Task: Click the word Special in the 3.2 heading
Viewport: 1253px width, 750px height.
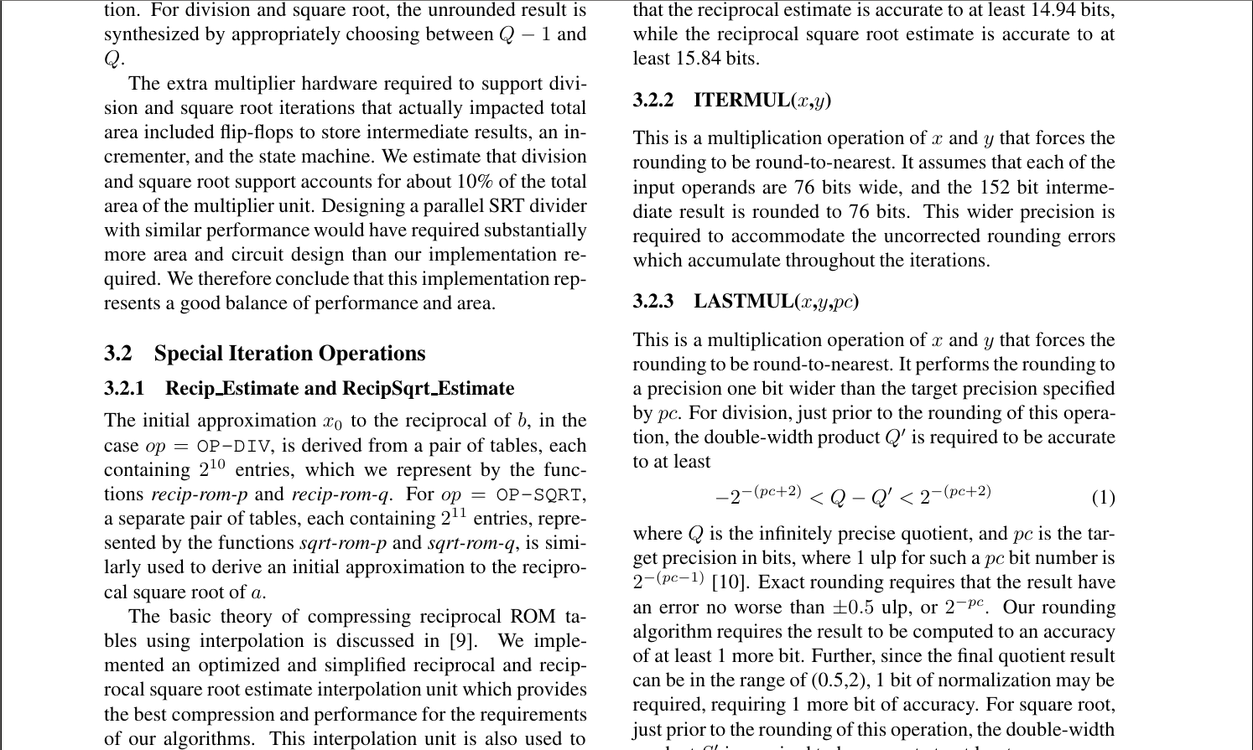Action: point(190,354)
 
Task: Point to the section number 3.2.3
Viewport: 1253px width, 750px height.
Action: point(653,302)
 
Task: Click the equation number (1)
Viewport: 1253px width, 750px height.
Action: point(1103,498)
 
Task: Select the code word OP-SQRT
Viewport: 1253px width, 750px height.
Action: point(540,495)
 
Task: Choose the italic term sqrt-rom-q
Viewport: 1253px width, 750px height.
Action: point(471,543)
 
